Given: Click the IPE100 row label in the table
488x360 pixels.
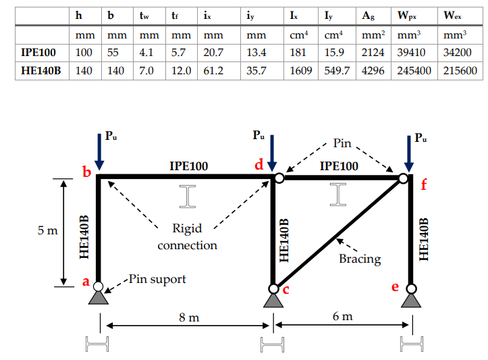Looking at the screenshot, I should pos(38,52).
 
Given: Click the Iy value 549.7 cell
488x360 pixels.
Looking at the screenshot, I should pos(337,70).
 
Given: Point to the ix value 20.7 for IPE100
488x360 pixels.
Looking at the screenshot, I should pos(213,52).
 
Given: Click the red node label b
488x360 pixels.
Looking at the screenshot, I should pos(86,173).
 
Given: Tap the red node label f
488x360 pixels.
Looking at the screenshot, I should pos(424,185).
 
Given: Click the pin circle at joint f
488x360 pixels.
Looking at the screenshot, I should pos(403,178).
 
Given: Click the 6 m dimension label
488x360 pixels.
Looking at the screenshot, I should pos(343,316).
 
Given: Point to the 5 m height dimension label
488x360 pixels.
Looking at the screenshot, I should pos(47,231).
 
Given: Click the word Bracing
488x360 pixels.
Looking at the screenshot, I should pos(360,259).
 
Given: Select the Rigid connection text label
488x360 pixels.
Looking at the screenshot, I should pos(187,237).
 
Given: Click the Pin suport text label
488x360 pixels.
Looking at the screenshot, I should pos(157,278).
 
